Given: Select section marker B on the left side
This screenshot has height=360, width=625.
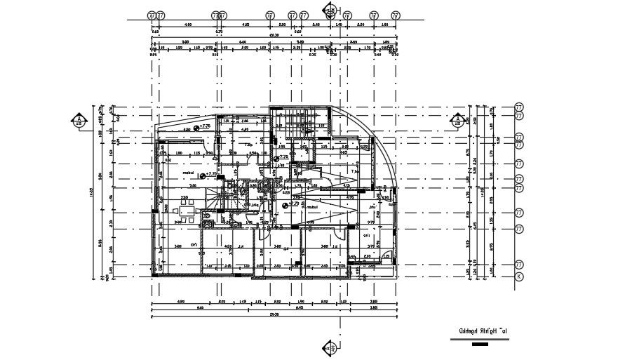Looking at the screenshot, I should [80, 121].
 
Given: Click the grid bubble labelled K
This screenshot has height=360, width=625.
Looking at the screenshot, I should [519, 277].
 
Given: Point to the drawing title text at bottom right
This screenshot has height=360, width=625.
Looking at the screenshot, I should [483, 331].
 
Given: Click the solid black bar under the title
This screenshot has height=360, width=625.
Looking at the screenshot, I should [480, 344].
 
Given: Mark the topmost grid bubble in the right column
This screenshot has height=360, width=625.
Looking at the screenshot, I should [519, 107].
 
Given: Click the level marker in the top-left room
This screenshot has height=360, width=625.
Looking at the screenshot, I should [198, 127].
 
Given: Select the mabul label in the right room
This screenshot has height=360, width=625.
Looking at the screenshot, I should [311, 208].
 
